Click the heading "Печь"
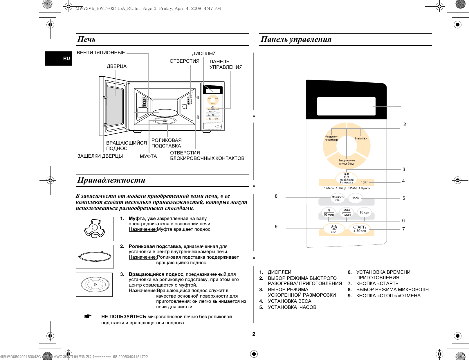pos(86,39)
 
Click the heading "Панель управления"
pos(296,39)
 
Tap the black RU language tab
pos(58,58)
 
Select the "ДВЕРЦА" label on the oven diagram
pos(117,66)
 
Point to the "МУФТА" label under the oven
pos(148,156)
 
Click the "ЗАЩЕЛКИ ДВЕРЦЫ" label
pos(100,156)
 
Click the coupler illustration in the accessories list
pos(94,229)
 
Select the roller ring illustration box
pos(95,257)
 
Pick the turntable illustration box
pos(94,285)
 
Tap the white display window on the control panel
pos(346,106)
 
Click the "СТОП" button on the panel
pos(334,228)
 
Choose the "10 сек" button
pos(364,212)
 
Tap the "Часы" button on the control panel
pos(355,198)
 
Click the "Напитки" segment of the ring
pos(361,138)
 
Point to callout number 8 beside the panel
pos(276,196)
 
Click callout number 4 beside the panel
pos(403,181)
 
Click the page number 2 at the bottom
pos(254,334)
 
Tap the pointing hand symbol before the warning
pos(88,316)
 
